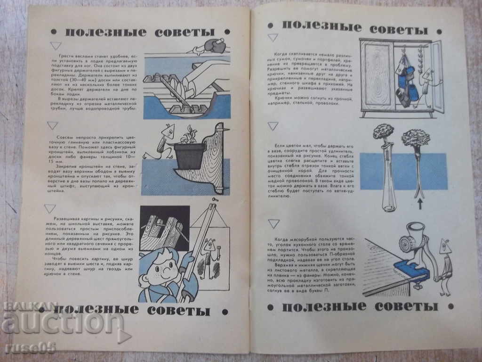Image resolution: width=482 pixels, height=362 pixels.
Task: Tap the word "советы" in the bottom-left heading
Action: tap(178, 311)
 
